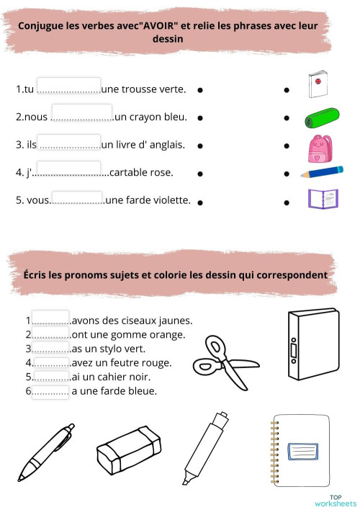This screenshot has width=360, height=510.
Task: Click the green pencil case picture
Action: click(x=320, y=117)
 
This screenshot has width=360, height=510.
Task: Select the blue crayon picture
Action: click(x=322, y=172)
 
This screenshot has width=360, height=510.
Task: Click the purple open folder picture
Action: click(x=322, y=198)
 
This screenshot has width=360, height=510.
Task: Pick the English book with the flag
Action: click(x=317, y=84)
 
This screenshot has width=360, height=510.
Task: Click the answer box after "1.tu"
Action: click(x=68, y=86)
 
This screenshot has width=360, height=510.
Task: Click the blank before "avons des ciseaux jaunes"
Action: click(x=50, y=319)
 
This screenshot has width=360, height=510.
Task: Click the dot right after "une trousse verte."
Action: click(x=199, y=91)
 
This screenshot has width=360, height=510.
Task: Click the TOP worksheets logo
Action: click(x=335, y=500)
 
